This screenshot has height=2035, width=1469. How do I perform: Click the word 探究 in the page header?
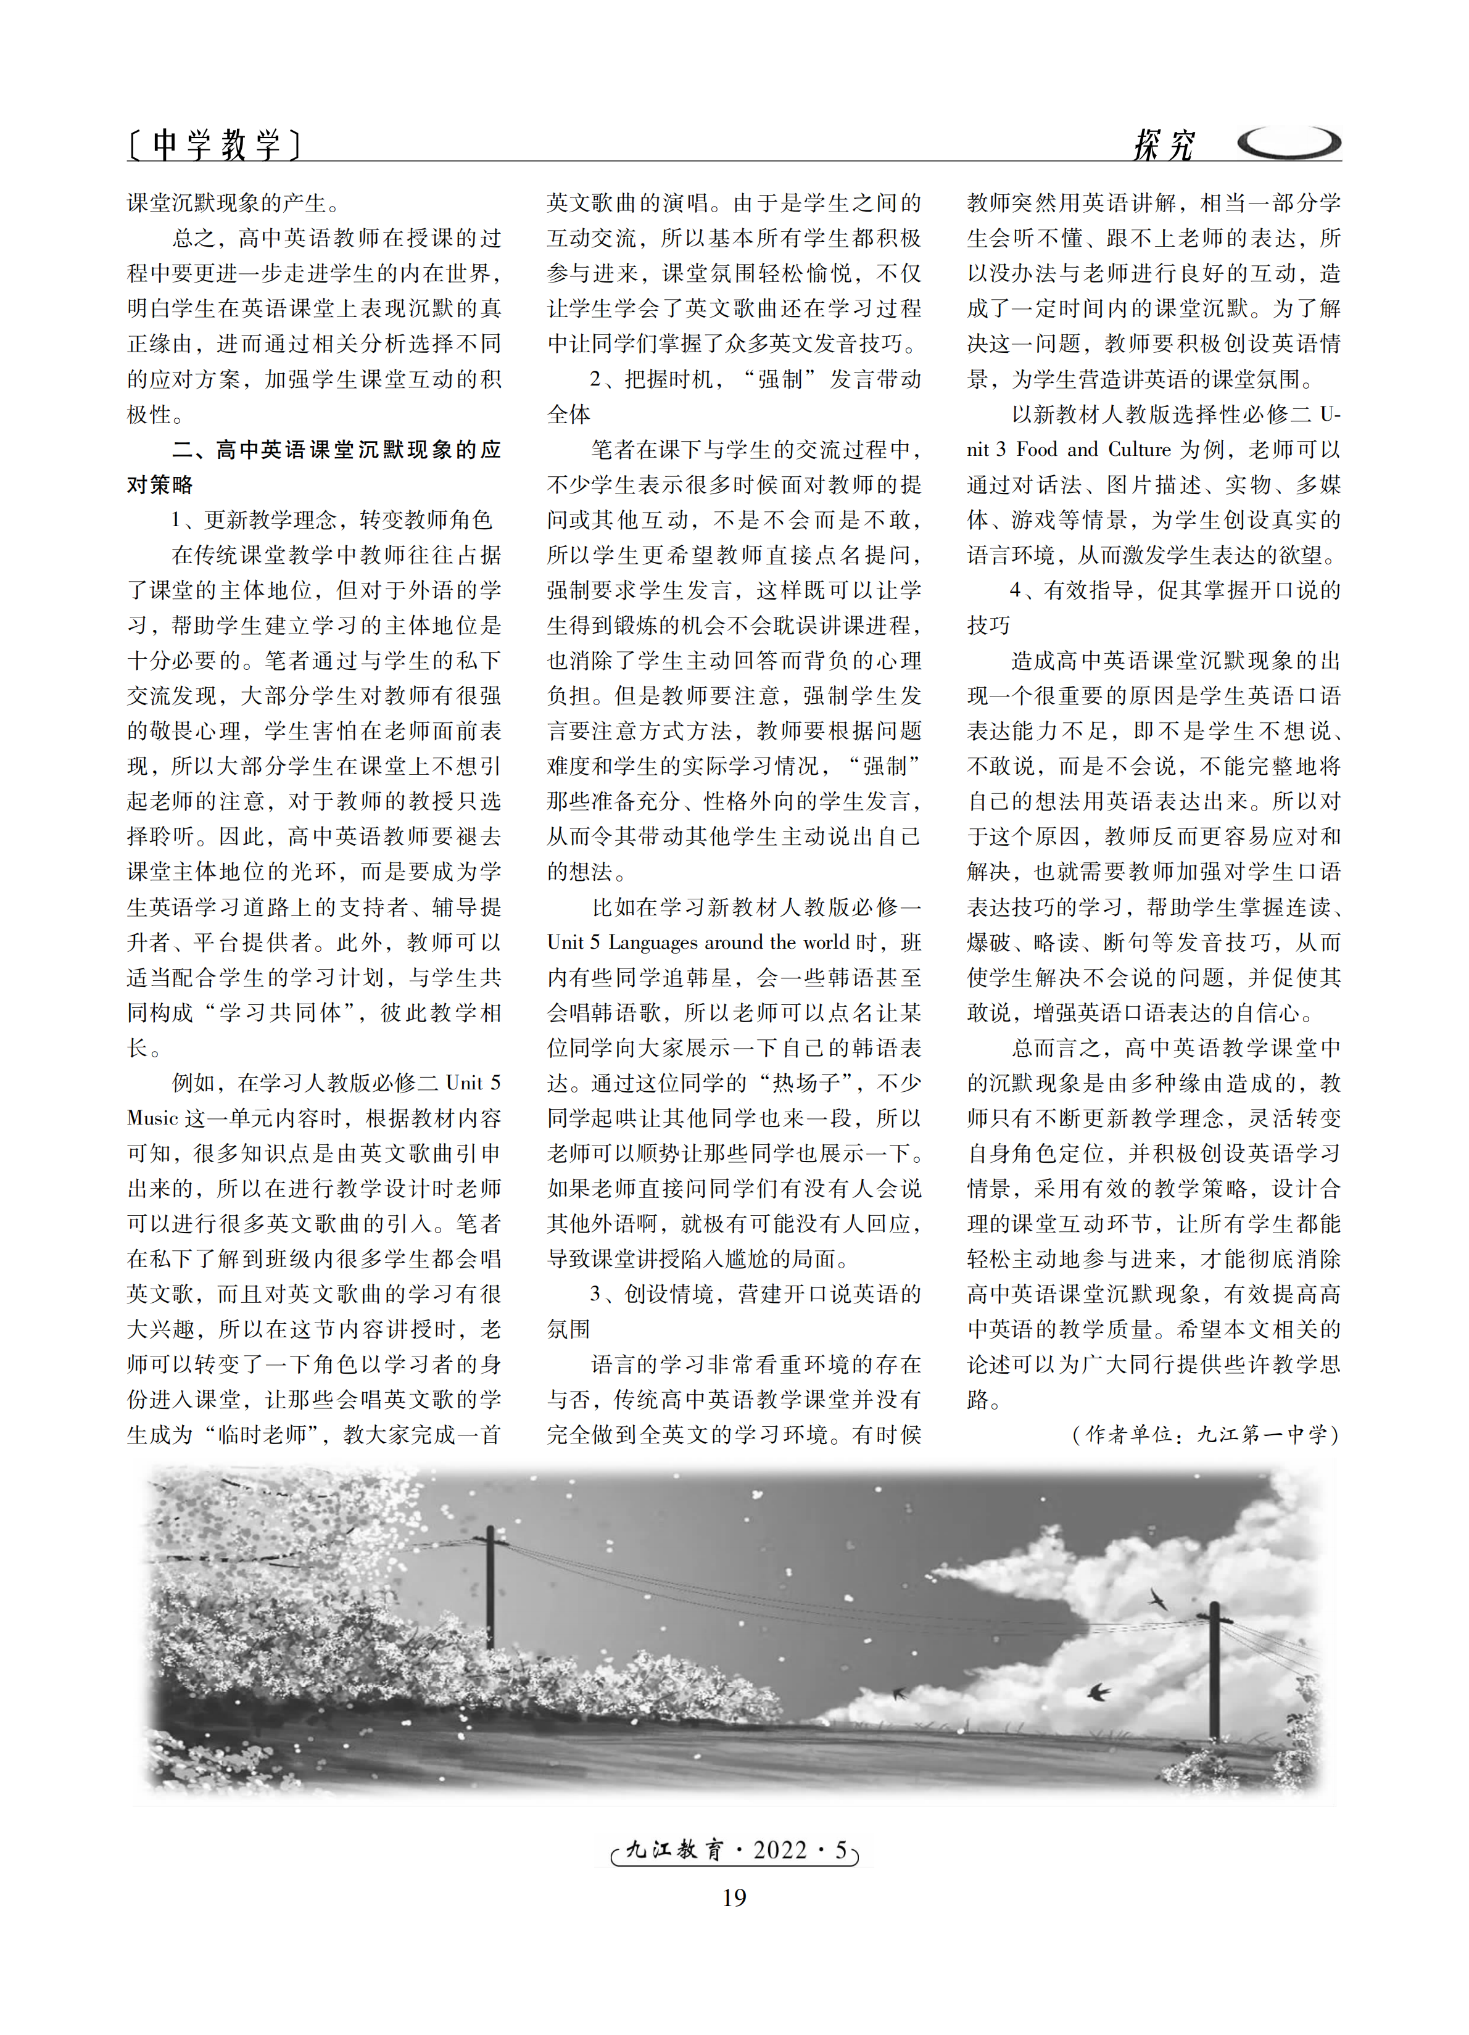click(1163, 144)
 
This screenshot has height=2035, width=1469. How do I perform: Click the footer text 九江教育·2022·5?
click(734, 1849)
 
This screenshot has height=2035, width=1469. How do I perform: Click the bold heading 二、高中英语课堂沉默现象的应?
click(336, 450)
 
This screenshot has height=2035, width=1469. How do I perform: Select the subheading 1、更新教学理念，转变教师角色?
click(331, 519)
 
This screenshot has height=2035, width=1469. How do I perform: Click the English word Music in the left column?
click(152, 1118)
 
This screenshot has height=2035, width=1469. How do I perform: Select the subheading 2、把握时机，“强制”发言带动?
click(755, 379)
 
